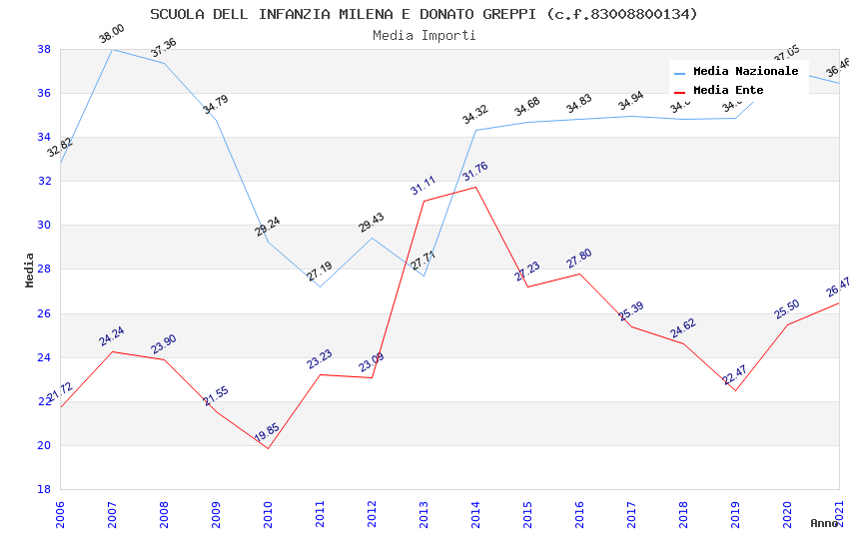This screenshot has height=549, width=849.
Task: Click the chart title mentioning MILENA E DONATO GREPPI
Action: pyautogui.click(x=424, y=14)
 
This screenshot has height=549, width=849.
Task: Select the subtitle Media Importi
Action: pyautogui.click(x=424, y=35)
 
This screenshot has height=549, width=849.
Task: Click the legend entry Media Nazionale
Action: pyautogui.click(x=745, y=72)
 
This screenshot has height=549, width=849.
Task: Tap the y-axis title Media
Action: pyautogui.click(x=29, y=270)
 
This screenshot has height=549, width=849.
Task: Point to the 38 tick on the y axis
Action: pyautogui.click(x=44, y=49)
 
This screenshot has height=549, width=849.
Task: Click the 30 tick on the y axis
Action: pyautogui.click(x=44, y=226)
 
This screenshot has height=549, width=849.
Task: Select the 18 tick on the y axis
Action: pyautogui.click(x=44, y=489)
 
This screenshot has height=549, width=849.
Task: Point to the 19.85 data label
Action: pyautogui.click(x=267, y=432)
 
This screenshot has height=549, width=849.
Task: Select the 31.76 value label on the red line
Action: pyautogui.click(x=474, y=172)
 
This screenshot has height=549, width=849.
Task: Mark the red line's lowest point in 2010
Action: pyautogui.click(x=268, y=448)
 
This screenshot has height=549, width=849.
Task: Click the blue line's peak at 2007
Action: pyautogui.click(x=112, y=49)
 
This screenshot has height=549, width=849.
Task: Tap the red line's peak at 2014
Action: pyautogui.click(x=475, y=187)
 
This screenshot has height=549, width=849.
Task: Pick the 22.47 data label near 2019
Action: pyautogui.click(x=734, y=374)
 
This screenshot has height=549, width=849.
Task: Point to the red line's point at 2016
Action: pyautogui.click(x=579, y=274)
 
